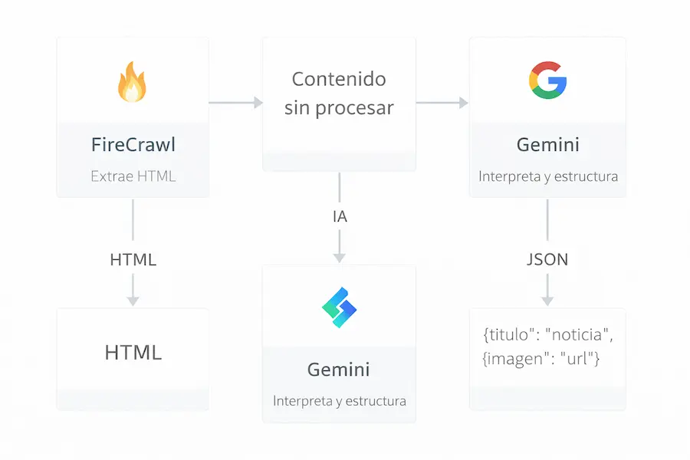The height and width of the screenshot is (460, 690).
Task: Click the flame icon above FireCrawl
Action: coord(132,83)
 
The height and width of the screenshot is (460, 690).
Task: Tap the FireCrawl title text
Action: coord(133,144)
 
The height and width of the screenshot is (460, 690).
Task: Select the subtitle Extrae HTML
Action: coord(133,176)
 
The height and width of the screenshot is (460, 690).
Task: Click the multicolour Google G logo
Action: coord(547,80)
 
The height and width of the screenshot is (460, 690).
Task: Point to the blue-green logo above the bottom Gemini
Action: coord(339,307)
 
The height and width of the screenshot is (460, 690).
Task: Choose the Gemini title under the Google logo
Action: coord(547,144)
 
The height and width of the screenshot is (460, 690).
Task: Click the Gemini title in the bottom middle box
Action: coord(339,370)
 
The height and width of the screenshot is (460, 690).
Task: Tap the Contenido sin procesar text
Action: coord(339,93)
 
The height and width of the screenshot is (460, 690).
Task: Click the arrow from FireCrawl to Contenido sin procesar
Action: coord(235,102)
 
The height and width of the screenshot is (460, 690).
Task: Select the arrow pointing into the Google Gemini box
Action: coord(442,102)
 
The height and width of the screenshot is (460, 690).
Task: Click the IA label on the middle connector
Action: coord(340,217)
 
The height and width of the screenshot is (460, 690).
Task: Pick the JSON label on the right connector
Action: coord(547,259)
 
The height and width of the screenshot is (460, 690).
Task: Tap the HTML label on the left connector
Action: coord(133,259)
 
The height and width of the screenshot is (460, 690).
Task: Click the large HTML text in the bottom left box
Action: coord(133,353)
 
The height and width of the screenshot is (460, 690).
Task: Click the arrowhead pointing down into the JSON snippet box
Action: coord(547,300)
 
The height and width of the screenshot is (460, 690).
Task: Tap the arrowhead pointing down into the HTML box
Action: coord(133,300)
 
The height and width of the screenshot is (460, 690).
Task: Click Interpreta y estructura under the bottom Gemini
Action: coord(339,401)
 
